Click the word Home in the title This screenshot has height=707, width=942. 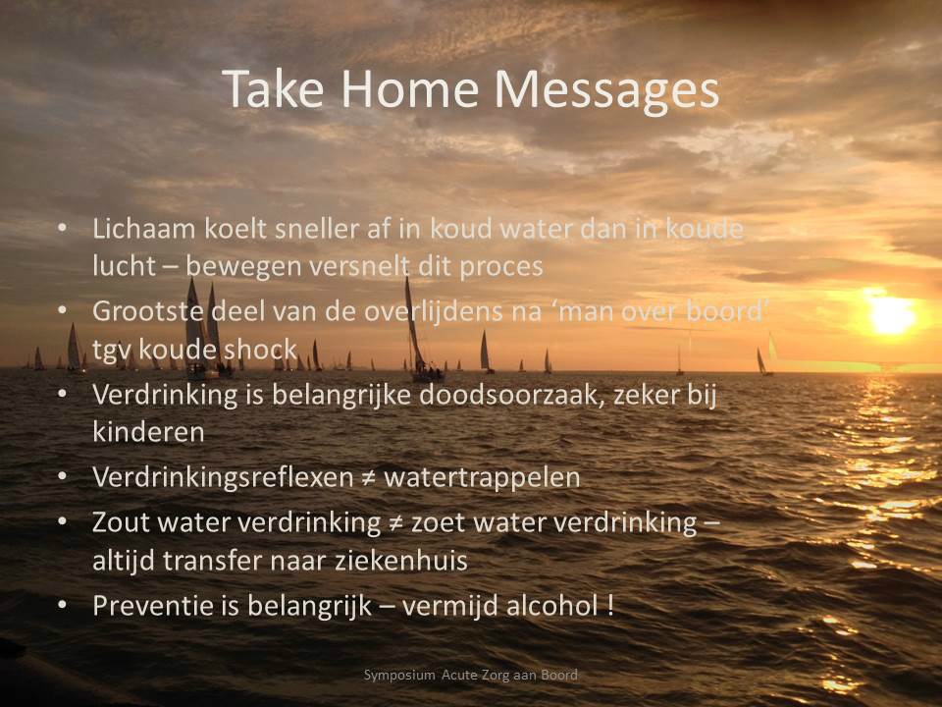tap(410, 89)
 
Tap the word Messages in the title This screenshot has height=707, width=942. tap(606, 90)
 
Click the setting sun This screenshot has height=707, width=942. tap(892, 314)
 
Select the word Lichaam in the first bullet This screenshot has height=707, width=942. tap(144, 229)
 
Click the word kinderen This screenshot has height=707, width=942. tap(148, 432)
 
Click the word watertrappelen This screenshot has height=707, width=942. tap(482, 478)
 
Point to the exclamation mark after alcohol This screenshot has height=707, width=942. tap(610, 606)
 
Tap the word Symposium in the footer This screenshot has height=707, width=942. tap(399, 676)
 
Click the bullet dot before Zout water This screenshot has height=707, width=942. tap(62, 521)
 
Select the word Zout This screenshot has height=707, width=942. tap(120, 522)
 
